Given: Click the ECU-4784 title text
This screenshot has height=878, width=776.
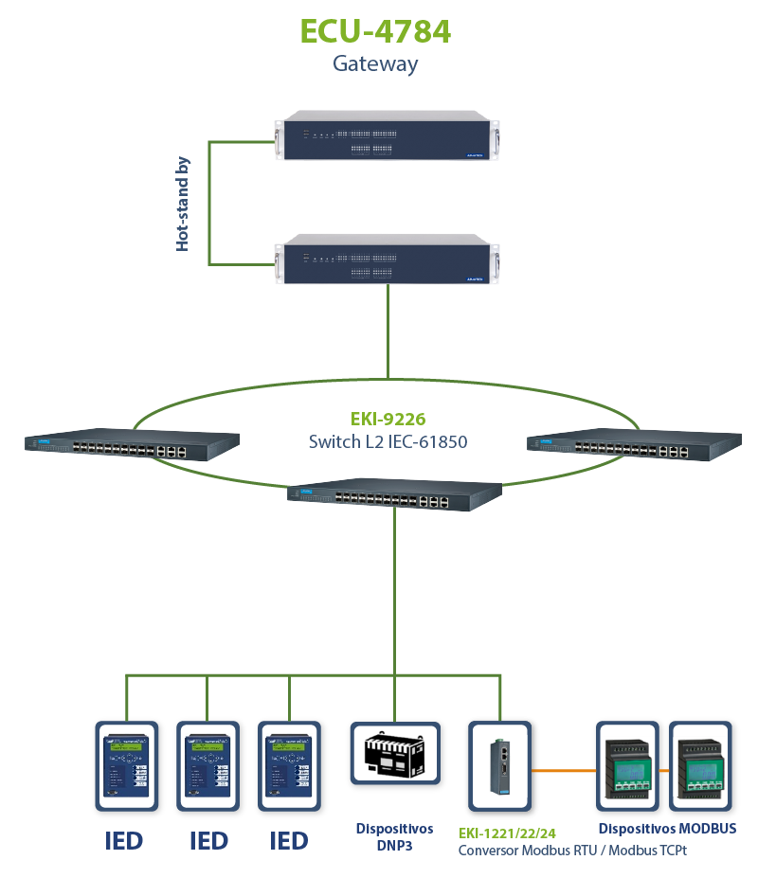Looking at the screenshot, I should [x=375, y=30].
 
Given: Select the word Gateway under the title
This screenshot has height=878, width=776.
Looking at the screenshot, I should [x=375, y=64].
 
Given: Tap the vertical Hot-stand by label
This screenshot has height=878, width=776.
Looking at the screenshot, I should [x=183, y=204].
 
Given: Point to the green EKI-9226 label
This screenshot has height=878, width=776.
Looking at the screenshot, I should [x=388, y=417].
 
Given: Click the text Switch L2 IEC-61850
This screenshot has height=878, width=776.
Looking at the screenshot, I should [x=388, y=441].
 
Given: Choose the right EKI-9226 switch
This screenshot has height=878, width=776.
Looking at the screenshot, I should [x=634, y=445].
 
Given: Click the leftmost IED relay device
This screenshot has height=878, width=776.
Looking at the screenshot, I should [x=126, y=765].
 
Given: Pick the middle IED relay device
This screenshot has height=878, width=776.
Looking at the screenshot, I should [x=208, y=765].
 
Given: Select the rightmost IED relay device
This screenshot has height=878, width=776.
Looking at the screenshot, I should [x=289, y=765].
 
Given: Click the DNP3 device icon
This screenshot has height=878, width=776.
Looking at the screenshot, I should [x=395, y=753].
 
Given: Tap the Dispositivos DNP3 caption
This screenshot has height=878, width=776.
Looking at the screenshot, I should [x=395, y=836].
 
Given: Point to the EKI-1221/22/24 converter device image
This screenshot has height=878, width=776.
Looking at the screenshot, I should [x=500, y=764].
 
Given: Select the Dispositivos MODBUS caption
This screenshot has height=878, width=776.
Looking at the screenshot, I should [x=667, y=829].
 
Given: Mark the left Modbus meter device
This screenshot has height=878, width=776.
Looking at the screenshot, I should [x=627, y=765].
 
